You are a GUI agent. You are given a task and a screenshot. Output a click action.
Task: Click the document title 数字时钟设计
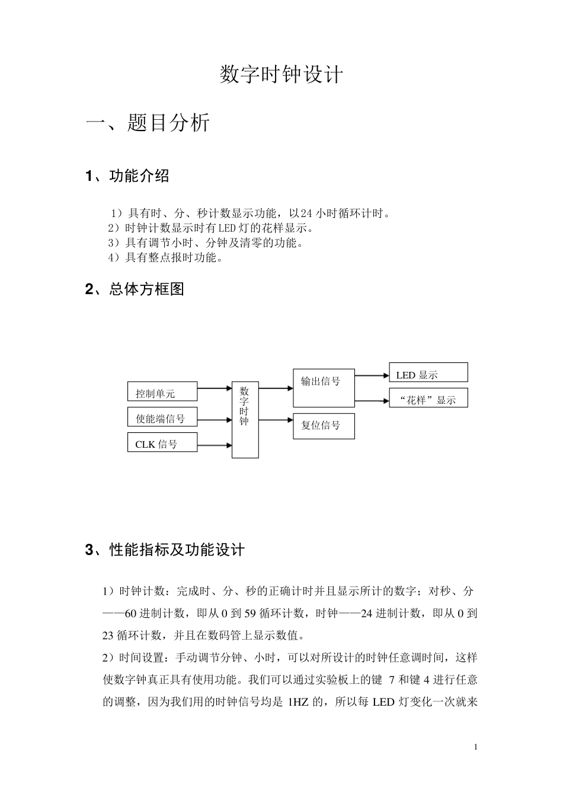pos(281,75)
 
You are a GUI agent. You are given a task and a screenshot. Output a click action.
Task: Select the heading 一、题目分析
pos(148,123)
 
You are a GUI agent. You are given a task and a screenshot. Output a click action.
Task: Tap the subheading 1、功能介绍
pos(127,176)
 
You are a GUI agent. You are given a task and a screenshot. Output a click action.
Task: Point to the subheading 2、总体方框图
pos(135,289)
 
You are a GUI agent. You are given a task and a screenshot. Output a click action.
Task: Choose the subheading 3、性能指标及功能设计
pos(165,550)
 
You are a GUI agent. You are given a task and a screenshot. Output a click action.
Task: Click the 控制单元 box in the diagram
pos(162,392)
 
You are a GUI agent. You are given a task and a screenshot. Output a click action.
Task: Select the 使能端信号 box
pos(162,417)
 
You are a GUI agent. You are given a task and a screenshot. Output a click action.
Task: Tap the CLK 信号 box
pos(162,442)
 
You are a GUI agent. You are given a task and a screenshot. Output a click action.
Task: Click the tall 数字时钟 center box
pos(245,419)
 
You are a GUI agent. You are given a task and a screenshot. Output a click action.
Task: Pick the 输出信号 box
pos(324,387)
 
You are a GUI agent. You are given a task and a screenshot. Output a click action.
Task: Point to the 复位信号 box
pos(324,426)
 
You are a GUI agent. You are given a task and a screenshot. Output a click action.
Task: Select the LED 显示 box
pos(428,372)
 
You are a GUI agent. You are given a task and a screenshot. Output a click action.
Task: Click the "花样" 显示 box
pos(428,398)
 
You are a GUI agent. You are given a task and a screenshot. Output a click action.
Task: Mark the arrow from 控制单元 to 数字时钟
pos(214,388)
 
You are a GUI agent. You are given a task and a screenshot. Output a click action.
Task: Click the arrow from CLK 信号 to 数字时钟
pos(214,445)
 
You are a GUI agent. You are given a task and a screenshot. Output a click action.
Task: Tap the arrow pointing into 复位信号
pos(276,420)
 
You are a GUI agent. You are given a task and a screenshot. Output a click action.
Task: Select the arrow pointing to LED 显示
pos(372,375)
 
